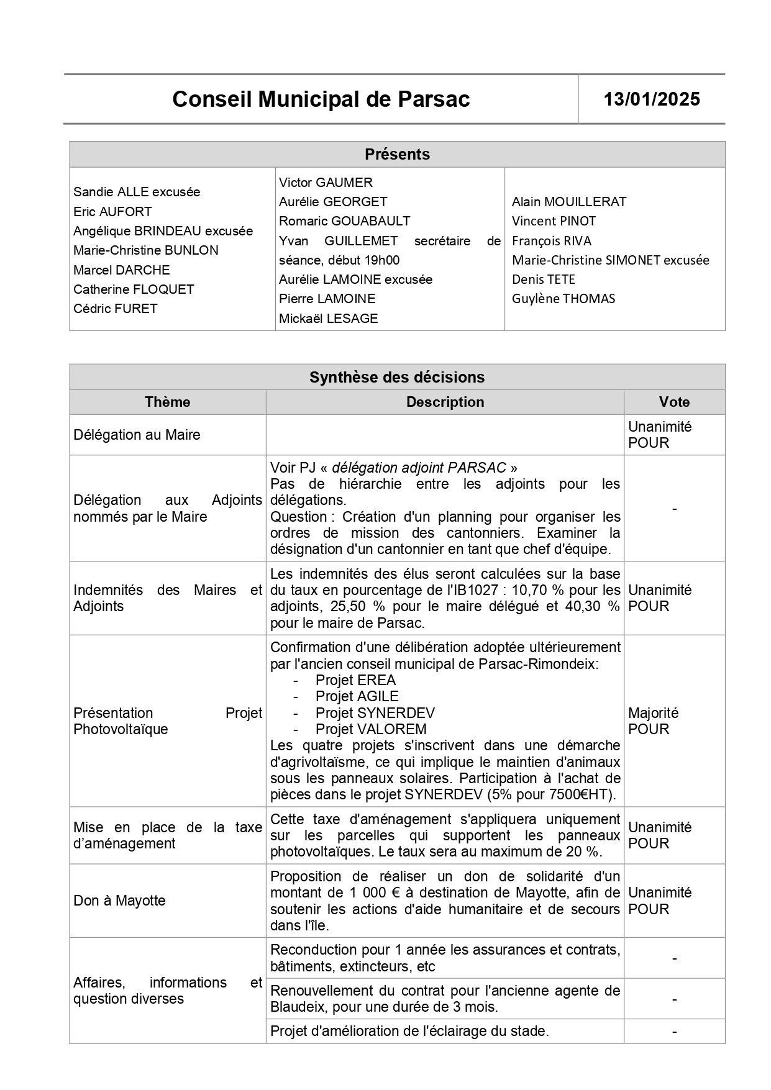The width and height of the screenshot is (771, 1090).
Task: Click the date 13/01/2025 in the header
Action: (652, 99)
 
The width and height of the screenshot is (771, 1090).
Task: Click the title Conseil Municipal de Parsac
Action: (321, 99)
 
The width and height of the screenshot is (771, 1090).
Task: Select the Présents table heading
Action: (397, 154)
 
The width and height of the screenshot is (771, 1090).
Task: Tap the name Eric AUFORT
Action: (112, 211)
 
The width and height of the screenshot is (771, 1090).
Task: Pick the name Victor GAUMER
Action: (326, 182)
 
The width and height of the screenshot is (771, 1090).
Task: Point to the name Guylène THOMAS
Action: (563, 299)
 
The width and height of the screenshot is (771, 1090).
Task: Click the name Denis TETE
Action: (543, 279)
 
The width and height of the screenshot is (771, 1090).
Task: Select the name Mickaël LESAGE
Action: (328, 318)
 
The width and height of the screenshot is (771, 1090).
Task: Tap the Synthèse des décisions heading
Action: (397, 377)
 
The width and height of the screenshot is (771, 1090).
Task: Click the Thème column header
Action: (167, 402)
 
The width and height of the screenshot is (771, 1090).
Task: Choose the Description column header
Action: (445, 402)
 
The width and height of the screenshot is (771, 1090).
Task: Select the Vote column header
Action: (674, 402)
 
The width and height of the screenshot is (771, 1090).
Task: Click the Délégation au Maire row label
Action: (137, 435)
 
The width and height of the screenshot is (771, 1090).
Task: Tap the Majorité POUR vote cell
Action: (653, 720)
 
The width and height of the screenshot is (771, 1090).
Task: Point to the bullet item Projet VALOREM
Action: (371, 729)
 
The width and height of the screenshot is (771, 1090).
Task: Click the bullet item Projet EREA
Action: (355, 680)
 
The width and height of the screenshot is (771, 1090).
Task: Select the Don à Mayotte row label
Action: (119, 901)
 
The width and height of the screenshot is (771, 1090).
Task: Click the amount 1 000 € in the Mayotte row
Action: (358, 893)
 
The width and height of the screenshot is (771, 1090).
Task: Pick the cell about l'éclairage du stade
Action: (409, 1031)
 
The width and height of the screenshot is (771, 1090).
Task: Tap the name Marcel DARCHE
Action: (121, 270)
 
